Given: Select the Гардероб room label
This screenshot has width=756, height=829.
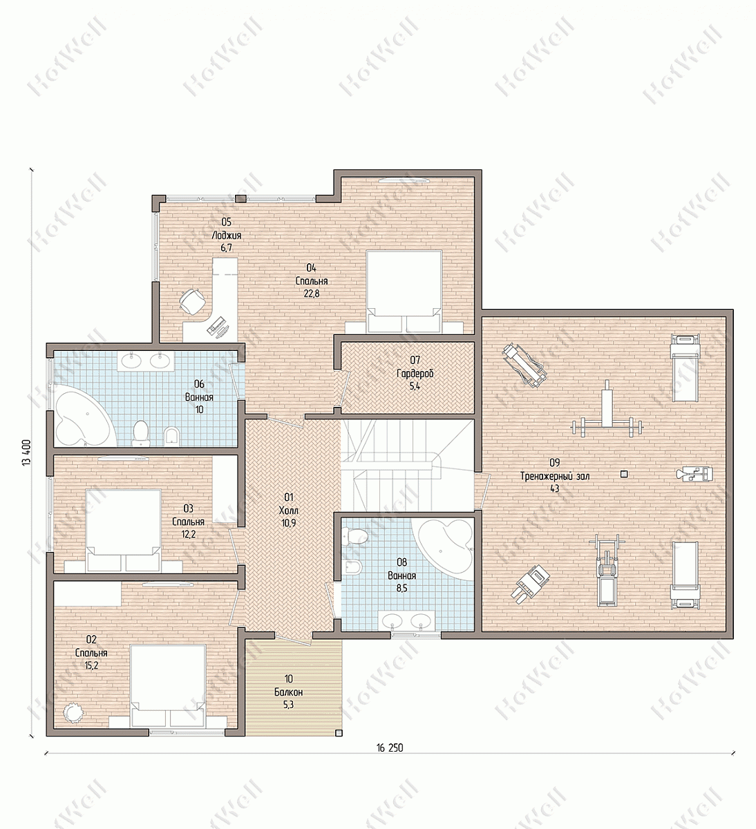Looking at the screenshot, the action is pyautogui.click(x=415, y=374).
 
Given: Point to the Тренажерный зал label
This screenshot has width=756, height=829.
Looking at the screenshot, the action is pyautogui.click(x=555, y=476).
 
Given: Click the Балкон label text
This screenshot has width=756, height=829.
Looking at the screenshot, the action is pyautogui.click(x=289, y=692).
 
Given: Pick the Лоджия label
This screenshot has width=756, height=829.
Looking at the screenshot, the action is pyautogui.click(x=226, y=236).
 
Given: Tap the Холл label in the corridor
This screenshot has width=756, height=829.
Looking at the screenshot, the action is pyautogui.click(x=289, y=510).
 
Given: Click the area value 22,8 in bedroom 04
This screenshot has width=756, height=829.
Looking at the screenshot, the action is pyautogui.click(x=312, y=294).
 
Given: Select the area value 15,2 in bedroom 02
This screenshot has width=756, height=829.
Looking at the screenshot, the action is pyautogui.click(x=91, y=665).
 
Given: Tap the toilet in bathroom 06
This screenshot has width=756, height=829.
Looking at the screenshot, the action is pyautogui.click(x=141, y=433).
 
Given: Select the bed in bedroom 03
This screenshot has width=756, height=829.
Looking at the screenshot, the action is pyautogui.click(x=123, y=531).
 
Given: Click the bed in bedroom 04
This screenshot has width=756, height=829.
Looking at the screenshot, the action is pyautogui.click(x=404, y=291).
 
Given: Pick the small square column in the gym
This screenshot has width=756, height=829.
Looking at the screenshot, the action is pyautogui.click(x=624, y=474).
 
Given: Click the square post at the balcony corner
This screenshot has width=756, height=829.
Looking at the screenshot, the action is pyautogui.click(x=339, y=733).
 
